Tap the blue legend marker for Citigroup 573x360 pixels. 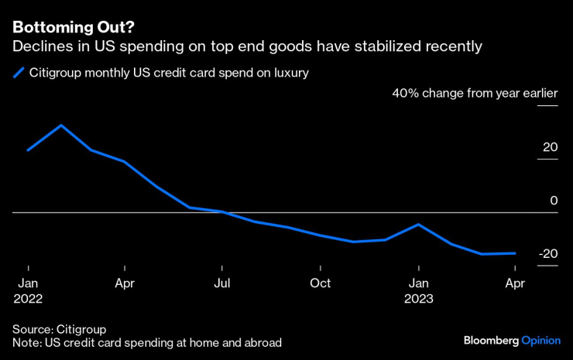pos(19,74)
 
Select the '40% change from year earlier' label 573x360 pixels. pos(475,94)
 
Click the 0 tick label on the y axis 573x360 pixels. pos(553,201)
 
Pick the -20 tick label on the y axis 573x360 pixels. pos(547,254)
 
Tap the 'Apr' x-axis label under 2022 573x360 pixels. pos(125,283)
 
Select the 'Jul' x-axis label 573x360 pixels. pos(222,283)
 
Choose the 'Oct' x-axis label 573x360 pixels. pos(320,283)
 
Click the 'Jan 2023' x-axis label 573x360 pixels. pos(418,290)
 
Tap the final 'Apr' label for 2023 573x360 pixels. pos(516,283)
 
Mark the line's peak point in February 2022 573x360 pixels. pos(61,125)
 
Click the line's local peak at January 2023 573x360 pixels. pos(418,225)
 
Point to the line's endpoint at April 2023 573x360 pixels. pos(516,253)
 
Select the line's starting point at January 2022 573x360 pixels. pos(28,150)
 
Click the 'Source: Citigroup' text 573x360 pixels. pos(60,328)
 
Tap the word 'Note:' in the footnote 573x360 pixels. pos(29,342)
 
